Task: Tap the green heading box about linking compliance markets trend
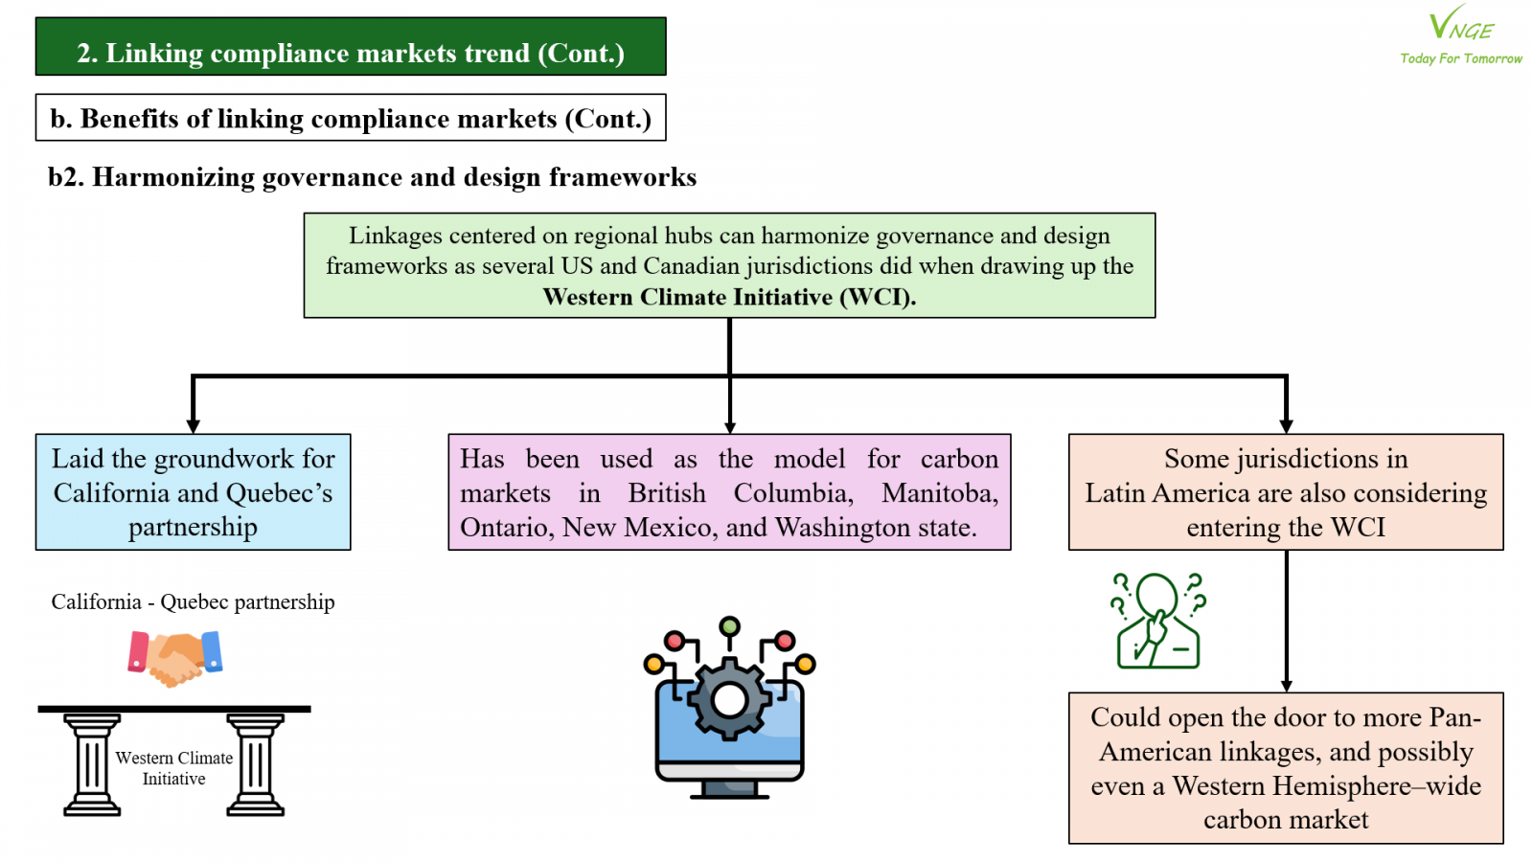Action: pos(351,47)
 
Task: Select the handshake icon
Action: pos(175,658)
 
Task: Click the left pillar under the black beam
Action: pos(92,764)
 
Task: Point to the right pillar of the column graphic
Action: pos(255,764)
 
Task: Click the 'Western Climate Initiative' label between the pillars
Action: pos(173,767)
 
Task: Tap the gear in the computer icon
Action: pos(729,700)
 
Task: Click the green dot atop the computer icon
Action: pos(729,626)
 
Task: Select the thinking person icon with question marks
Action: pos(1158,620)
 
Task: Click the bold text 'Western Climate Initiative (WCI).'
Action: pos(729,297)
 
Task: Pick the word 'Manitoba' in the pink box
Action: pos(940,493)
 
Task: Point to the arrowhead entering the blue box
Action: pos(193,425)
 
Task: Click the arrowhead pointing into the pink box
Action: pos(729,426)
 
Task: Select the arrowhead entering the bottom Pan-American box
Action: pos(1287,685)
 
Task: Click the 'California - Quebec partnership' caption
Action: pos(193,602)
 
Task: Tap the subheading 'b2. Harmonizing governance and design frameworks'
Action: pos(373,176)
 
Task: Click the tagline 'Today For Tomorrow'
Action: pos(1461,58)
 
